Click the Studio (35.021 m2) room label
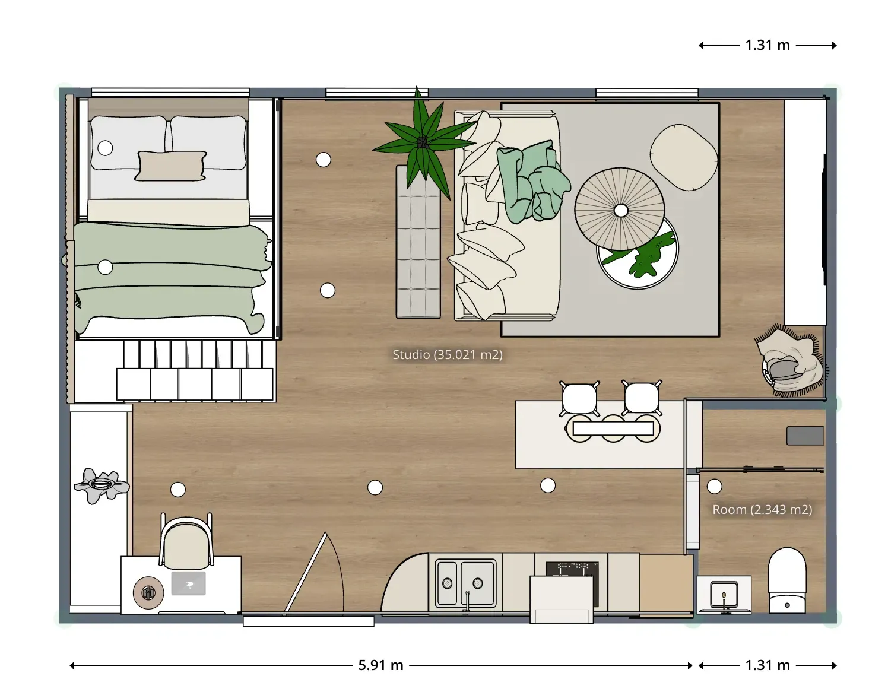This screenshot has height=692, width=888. (447, 354)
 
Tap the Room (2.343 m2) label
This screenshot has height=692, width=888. (762, 509)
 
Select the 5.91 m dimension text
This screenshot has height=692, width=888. (380, 665)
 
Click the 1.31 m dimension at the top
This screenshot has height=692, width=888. (768, 45)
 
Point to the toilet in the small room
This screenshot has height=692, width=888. (786, 580)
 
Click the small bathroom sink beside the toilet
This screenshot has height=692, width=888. (724, 594)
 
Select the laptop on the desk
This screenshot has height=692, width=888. (188, 583)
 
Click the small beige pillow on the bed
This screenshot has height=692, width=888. (171, 166)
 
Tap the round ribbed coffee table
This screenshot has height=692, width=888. (620, 209)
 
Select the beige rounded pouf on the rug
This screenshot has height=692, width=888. (683, 157)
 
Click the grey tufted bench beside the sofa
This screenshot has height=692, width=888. (418, 242)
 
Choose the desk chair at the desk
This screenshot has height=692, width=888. (186, 540)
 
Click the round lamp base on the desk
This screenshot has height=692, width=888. (148, 592)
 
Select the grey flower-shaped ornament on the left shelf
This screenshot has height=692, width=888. (102, 485)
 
